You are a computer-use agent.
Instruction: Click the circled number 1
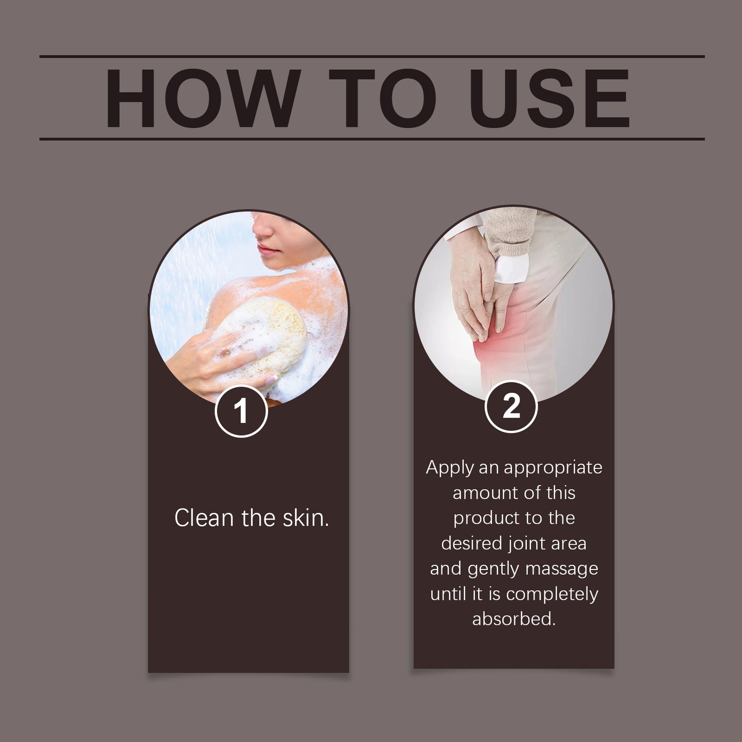(241, 411)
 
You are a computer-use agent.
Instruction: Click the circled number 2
(511, 407)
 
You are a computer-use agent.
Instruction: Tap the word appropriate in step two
(553, 468)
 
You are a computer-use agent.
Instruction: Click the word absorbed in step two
(513, 619)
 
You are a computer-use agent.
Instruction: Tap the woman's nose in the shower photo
(262, 231)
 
